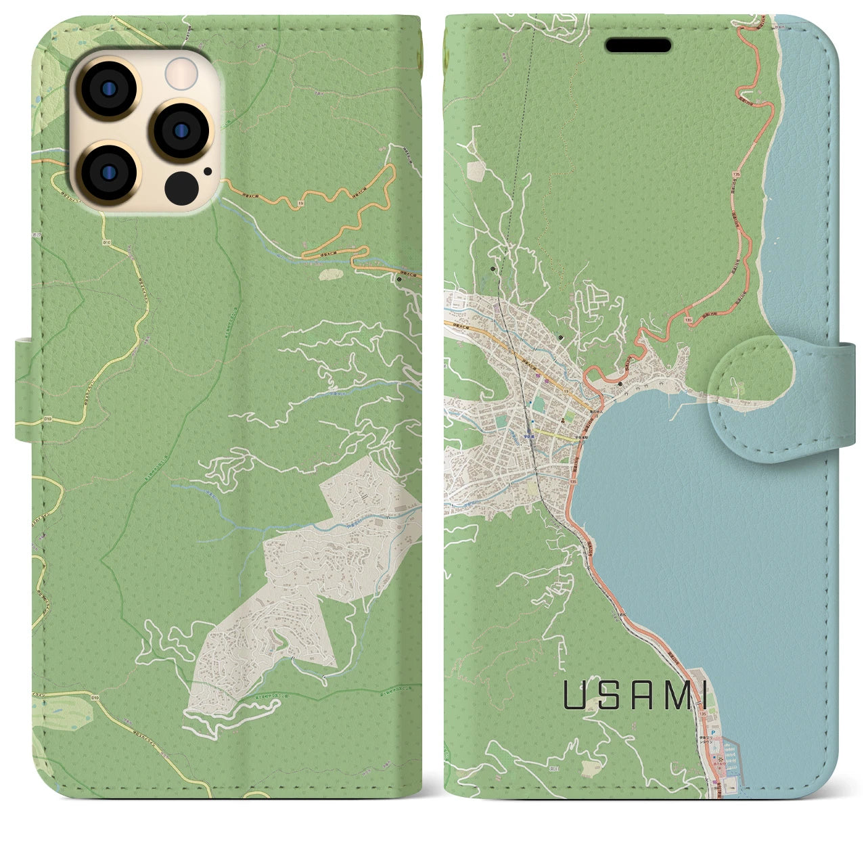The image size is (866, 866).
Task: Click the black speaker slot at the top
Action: (x=638, y=45)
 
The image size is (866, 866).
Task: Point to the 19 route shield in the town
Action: (x=566, y=390)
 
